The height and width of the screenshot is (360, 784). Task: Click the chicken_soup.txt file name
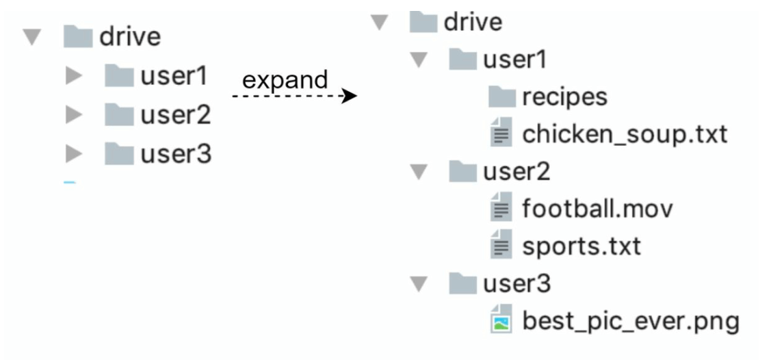pos(624,135)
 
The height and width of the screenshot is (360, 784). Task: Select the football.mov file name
pos(597,209)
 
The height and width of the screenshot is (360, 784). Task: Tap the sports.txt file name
pos(582,246)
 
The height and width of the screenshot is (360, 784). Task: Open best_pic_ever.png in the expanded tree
pos(630,320)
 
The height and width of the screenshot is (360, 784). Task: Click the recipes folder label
pos(564,97)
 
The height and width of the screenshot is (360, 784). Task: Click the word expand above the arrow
pos(285,80)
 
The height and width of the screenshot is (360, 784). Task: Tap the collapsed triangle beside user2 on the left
pos(73,116)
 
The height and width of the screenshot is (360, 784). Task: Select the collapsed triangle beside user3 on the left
pos(73,155)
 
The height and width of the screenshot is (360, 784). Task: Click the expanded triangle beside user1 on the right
pos(419,61)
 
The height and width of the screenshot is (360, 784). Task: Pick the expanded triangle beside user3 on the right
pos(419,283)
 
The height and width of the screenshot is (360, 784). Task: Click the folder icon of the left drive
pos(77,37)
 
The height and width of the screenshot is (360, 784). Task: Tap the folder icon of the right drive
pos(423,23)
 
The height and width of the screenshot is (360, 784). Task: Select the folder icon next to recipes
pos(501,97)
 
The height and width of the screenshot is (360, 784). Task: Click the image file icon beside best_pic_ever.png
pos(501,320)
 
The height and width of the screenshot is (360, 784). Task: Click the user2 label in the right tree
pos(516,172)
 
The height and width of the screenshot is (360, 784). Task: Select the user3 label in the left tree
pos(176,155)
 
